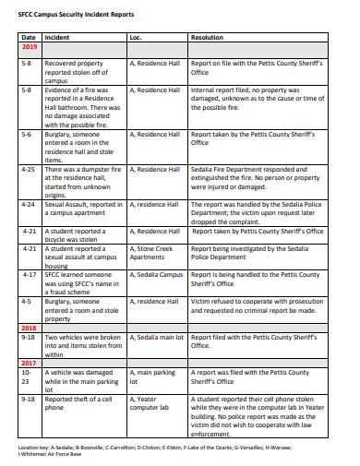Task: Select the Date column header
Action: point(28,37)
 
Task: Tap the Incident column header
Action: point(57,37)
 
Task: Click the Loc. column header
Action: point(137,37)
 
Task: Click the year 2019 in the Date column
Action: point(29,46)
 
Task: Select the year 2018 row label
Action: point(29,327)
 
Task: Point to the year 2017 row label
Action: point(29,362)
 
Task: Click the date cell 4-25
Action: point(29,170)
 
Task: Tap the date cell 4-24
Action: point(29,204)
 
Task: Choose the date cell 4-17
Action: point(29,274)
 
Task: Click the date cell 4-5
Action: point(27,301)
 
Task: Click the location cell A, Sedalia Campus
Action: point(157,274)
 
